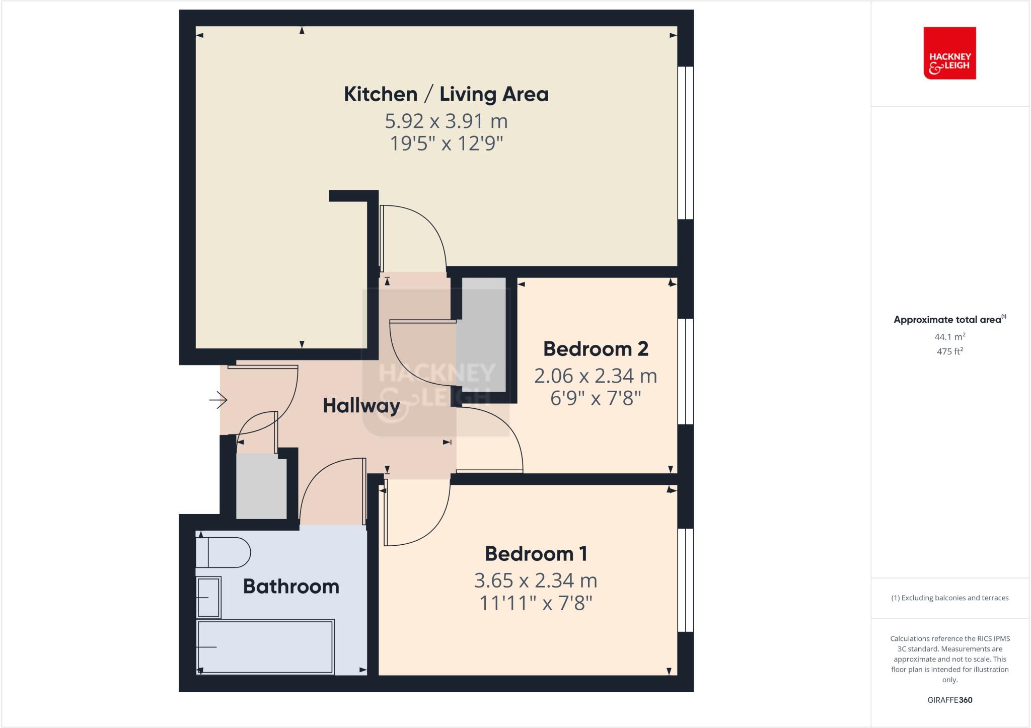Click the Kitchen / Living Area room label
point(446,94)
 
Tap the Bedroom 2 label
point(596,349)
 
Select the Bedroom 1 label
point(536,554)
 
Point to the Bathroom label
point(291,587)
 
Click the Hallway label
point(361,406)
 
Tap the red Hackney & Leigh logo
point(949,53)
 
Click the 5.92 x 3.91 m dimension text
point(446,121)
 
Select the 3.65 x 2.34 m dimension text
point(536,580)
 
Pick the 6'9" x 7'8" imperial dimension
point(596,399)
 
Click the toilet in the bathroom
point(225,552)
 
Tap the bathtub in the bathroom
point(265,647)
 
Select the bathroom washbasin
point(208,597)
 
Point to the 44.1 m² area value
point(949,337)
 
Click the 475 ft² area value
point(949,351)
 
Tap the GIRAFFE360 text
point(949,700)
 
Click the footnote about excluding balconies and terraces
point(949,598)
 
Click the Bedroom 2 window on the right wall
point(686,372)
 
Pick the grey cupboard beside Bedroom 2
point(483,335)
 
